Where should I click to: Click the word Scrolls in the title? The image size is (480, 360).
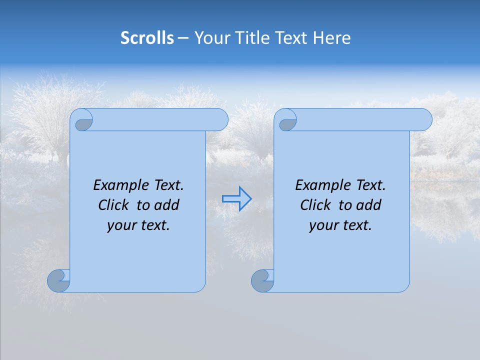coord(147,38)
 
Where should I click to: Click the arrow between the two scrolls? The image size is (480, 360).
coord(236,198)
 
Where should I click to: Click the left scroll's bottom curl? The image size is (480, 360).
coord(58,280)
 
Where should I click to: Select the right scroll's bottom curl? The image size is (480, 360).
coord(262,280)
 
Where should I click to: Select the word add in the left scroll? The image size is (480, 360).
coord(166,205)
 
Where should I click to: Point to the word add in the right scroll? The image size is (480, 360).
coord(368,205)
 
